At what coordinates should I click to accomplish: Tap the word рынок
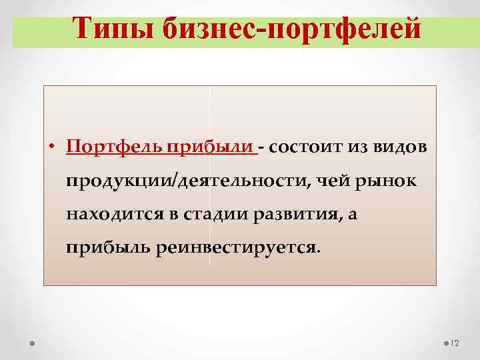coord(384,181)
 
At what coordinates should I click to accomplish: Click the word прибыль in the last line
coord(107,248)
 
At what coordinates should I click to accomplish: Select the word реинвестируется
coord(238,248)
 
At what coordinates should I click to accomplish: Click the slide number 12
coord(456,343)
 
